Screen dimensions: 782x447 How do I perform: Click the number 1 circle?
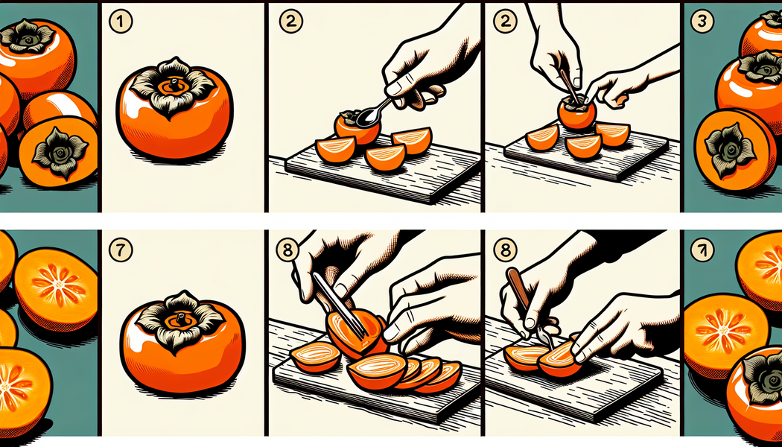point(120,23)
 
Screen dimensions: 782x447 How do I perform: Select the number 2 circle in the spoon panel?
point(290,22)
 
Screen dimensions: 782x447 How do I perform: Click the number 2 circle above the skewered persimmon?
point(505,22)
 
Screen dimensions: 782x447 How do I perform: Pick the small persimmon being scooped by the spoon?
point(357,127)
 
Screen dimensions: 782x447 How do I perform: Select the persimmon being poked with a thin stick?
point(577,112)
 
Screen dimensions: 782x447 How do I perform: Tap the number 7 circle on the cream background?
point(121,250)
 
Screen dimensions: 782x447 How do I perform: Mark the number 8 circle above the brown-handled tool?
point(505,250)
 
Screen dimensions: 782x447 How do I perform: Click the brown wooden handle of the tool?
point(518,288)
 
